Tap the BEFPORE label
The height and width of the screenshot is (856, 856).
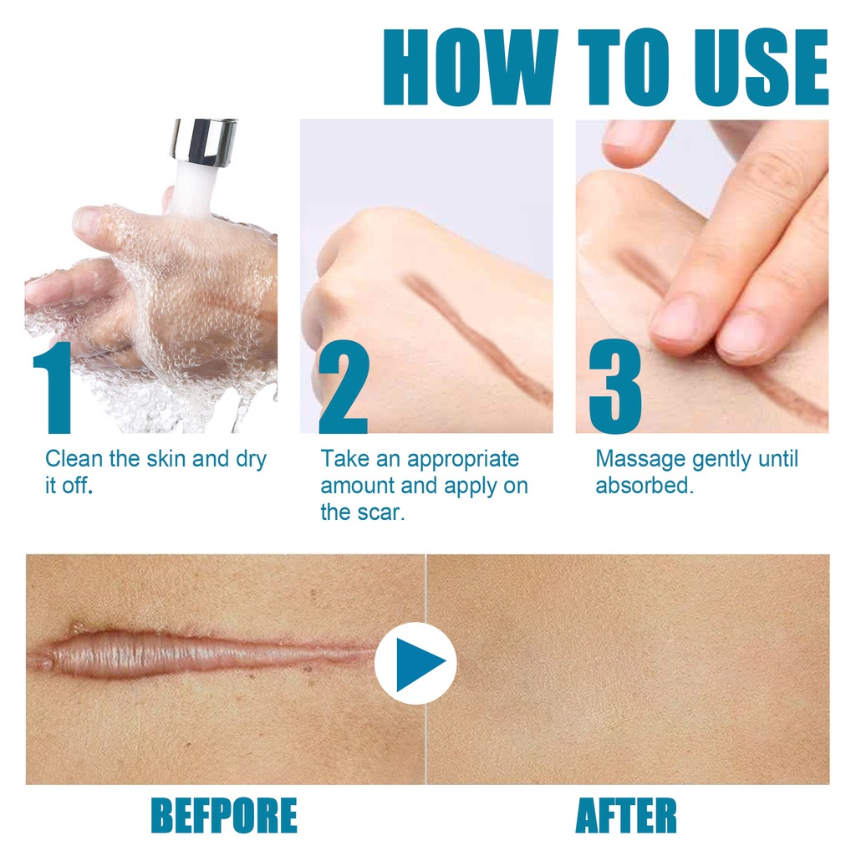tap(223, 815)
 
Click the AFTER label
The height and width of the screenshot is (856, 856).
tap(626, 815)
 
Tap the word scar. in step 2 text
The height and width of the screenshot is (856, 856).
tap(384, 512)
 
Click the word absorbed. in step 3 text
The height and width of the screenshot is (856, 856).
tap(645, 486)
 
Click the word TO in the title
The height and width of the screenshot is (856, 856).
tap(609, 69)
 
